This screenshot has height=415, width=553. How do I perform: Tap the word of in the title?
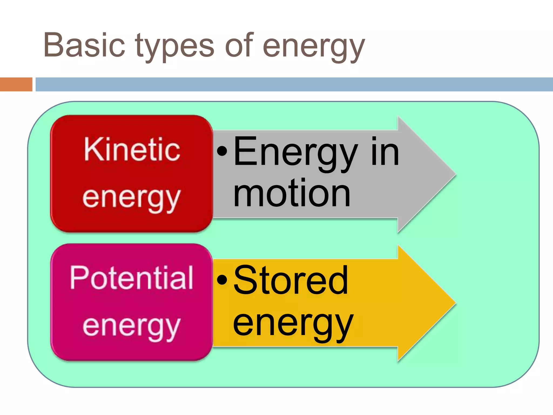(239, 45)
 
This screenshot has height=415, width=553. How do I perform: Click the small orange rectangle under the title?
(16, 84)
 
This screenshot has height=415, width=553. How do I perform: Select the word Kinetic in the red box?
(132, 149)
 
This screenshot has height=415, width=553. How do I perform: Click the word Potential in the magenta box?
(131, 278)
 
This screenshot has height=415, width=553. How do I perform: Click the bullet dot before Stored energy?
(222, 280)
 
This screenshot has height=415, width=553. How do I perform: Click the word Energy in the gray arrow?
(295, 153)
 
